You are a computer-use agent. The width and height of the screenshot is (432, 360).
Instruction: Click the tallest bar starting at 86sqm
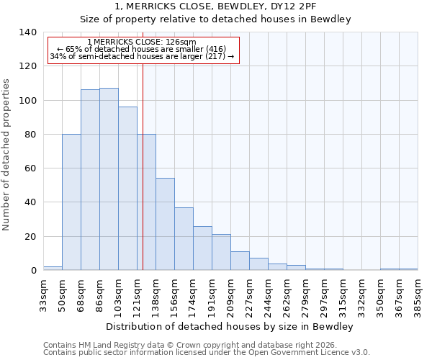109,179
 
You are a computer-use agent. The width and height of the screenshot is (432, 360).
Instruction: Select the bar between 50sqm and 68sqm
71,202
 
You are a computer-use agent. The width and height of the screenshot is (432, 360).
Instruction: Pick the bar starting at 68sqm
90,180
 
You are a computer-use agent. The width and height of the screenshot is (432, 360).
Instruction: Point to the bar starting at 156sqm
184,239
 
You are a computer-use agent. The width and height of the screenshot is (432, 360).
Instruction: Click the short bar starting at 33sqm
53,268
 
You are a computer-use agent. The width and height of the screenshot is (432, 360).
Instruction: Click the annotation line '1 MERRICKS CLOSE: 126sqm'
141,42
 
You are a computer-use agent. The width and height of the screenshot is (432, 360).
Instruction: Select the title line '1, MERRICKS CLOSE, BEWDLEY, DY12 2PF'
215,6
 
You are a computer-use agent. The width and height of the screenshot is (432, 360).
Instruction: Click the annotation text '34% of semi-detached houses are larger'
141,57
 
